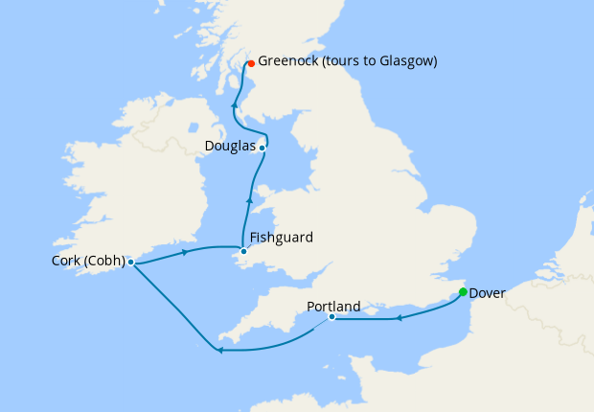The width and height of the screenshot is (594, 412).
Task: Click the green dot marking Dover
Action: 463,292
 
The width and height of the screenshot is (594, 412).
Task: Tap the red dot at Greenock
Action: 251,63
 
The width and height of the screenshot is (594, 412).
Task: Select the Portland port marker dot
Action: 331,317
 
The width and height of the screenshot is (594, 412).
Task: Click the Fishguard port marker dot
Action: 243,251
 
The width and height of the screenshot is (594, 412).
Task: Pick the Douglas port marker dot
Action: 262,148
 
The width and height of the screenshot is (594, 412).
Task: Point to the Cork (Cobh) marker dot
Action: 130,262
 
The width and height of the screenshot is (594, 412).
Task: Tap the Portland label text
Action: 333,307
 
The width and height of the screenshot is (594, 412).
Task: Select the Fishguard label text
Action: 281,237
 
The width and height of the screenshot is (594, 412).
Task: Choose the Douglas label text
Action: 231,147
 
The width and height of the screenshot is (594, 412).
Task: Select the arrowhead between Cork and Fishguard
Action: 184,251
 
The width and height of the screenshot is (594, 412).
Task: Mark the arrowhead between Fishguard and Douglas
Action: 249,200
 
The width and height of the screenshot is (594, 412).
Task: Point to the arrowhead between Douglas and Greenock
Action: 235,104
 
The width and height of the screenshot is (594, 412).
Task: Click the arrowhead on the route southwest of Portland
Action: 219,350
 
